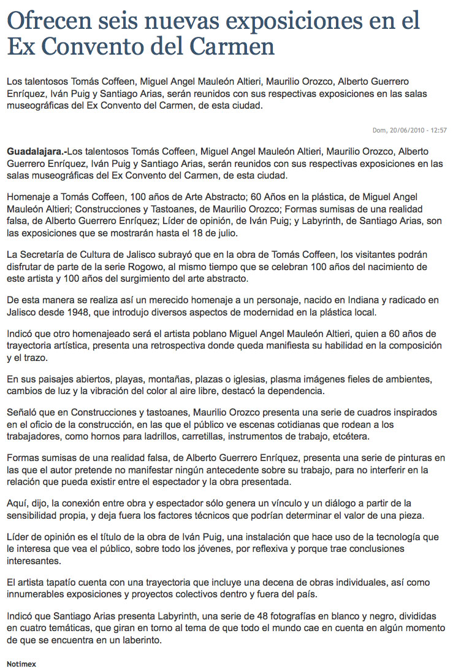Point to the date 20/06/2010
pyautogui.click(x=408, y=130)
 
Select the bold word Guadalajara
pyautogui.click(x=35, y=151)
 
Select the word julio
pyautogui.click(x=227, y=235)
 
